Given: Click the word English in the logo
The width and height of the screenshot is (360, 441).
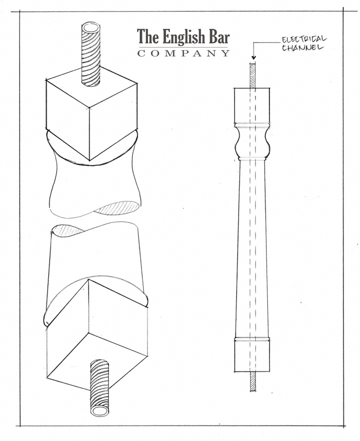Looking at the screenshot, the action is (183, 38).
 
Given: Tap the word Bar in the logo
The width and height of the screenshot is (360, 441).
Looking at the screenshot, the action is (219, 37).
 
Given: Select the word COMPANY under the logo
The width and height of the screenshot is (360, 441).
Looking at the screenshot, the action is (184, 53).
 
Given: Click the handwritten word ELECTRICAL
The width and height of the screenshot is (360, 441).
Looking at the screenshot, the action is (304, 39).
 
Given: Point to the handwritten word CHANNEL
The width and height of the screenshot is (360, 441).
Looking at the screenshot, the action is (302, 47).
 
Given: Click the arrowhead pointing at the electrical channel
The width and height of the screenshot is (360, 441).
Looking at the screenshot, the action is (253, 58).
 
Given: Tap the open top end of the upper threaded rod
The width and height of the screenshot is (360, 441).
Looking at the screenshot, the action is (91, 29).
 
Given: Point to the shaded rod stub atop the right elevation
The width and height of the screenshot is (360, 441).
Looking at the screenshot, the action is (253, 76).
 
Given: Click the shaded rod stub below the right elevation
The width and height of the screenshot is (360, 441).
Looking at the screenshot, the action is (253, 381).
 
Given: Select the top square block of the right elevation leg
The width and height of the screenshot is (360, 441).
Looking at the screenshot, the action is (252, 105).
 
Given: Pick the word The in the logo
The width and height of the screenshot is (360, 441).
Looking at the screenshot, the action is (148, 37).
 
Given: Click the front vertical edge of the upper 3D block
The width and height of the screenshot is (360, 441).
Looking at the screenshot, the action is (90, 134).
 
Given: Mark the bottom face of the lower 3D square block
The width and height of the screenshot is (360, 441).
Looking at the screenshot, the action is (97, 362).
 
